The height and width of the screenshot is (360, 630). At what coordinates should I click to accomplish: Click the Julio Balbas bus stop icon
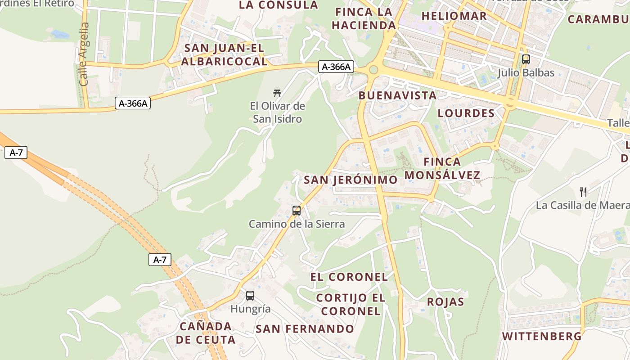526,59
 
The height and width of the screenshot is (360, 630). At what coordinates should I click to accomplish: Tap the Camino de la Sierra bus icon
297,210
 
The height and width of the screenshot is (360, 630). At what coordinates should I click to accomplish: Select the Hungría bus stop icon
250,296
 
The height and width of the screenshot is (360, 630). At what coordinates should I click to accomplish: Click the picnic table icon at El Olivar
277,93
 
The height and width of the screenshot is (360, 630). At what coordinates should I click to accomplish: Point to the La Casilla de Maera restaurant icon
583,192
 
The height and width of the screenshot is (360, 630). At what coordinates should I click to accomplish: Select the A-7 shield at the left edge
16,153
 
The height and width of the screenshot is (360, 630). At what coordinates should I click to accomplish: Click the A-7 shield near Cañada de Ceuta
160,260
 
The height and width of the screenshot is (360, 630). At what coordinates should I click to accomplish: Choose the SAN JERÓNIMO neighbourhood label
351,180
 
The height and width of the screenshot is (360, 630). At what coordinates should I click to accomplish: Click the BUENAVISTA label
397,95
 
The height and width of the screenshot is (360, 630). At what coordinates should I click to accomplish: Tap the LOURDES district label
466,113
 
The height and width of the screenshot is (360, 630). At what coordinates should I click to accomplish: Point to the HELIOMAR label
454,16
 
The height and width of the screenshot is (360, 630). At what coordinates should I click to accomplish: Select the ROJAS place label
445,301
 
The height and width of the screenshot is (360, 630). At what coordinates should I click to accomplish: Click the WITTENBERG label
542,336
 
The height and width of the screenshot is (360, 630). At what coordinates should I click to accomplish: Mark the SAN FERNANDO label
305,329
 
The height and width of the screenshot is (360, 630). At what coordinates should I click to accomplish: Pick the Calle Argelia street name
84,54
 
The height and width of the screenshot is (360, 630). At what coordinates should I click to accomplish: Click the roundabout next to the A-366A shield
373,70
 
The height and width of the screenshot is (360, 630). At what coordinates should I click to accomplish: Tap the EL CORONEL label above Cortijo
349,277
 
